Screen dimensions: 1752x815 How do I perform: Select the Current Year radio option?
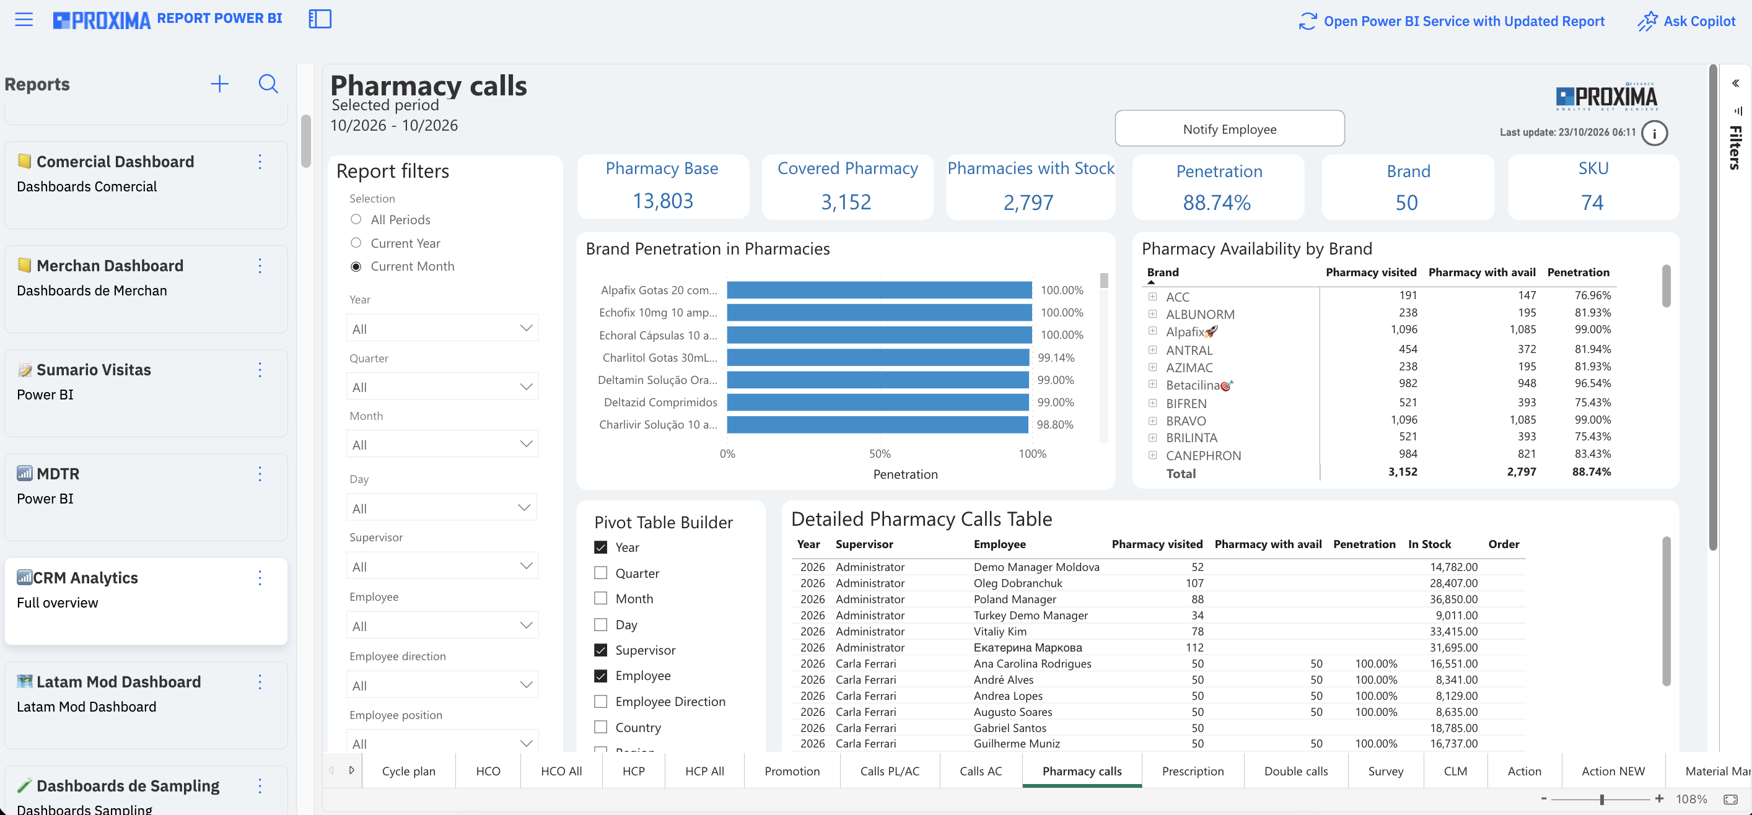[x=356, y=243]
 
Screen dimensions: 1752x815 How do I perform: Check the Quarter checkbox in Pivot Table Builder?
[x=600, y=573]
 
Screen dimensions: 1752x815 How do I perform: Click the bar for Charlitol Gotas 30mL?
[x=878, y=357]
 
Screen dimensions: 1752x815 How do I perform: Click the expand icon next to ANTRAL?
[x=1152, y=349]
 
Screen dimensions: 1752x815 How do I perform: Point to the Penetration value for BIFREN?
[x=1592, y=403]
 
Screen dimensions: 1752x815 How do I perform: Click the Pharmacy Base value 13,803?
[x=662, y=201]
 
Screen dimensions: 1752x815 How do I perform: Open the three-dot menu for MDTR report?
[x=260, y=474]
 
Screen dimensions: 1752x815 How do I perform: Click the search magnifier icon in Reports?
[x=269, y=84]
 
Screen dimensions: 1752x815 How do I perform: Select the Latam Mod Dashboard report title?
[x=118, y=682]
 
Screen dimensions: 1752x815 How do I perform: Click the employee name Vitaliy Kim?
[x=1000, y=632]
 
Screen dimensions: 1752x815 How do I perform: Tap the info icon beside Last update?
[x=1654, y=133]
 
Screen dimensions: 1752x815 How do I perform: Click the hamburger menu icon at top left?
[x=24, y=19]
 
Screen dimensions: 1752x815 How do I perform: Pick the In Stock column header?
[x=1429, y=544]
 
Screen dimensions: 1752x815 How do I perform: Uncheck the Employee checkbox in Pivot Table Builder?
[x=600, y=676]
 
